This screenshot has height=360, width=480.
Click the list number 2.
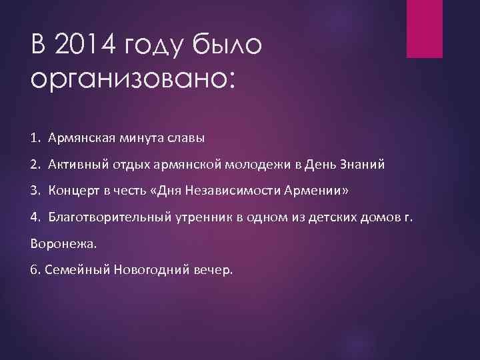(x=35, y=165)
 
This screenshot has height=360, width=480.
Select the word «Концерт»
(x=71, y=191)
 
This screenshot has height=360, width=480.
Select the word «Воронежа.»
(x=63, y=243)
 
